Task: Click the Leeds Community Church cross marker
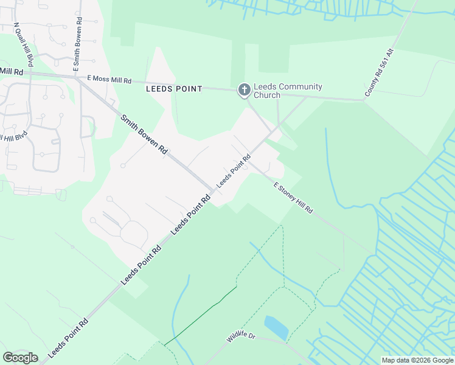point(244,91)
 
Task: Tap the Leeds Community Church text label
point(288,91)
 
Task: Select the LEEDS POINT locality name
point(174,88)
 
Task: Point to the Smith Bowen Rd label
point(144,133)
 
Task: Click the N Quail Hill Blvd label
point(24,46)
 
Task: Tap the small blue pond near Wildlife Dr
point(277,327)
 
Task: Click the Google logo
point(20,358)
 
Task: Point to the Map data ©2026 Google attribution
point(417,360)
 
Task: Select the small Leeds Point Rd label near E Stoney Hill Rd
point(234,171)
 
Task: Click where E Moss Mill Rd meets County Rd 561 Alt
point(364,100)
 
